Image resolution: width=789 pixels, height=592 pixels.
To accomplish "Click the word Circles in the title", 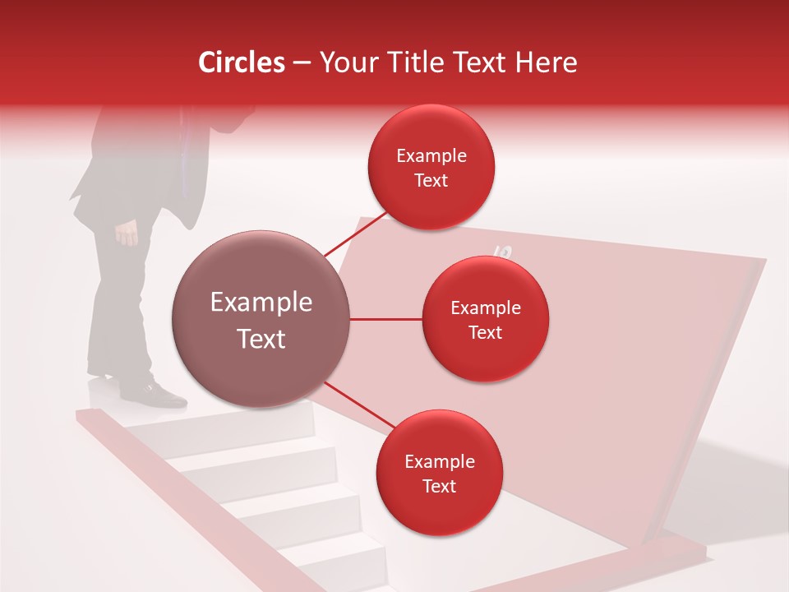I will pos(241,62).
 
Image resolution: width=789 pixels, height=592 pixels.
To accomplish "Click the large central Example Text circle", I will pos(261,320).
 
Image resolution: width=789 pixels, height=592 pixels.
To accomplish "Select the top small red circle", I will pos(431,168).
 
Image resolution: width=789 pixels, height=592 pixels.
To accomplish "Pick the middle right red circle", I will pos(485,320).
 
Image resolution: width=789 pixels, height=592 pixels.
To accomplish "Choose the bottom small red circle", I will pos(439,474).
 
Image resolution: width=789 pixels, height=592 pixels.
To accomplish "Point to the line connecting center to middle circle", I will pos(386,319).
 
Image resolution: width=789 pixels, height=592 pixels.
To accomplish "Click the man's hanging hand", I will pos(127,235).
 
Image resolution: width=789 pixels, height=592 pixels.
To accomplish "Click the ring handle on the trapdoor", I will pos(503,254).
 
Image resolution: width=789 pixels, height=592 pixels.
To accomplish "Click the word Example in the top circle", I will pos(431,156).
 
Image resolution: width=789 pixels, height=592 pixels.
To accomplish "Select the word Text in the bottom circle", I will pos(439,487).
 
